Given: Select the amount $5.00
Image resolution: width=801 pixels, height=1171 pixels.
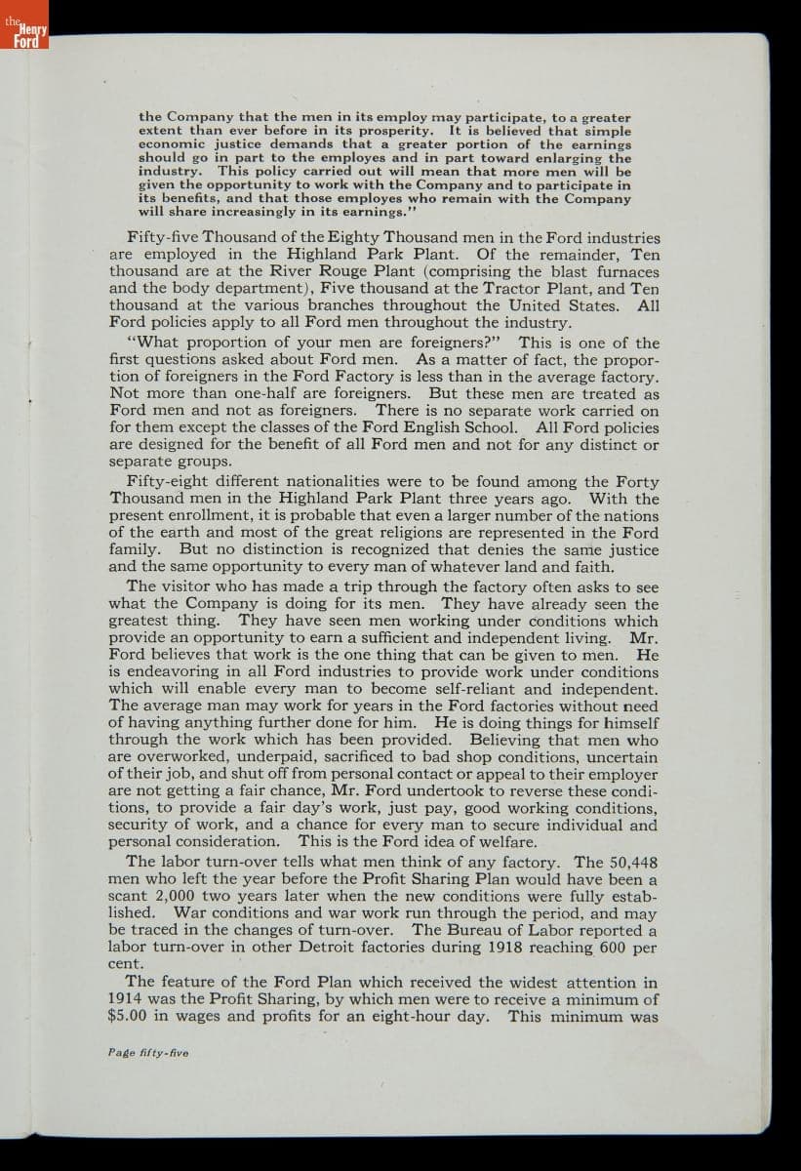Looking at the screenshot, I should (x=127, y=1016).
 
